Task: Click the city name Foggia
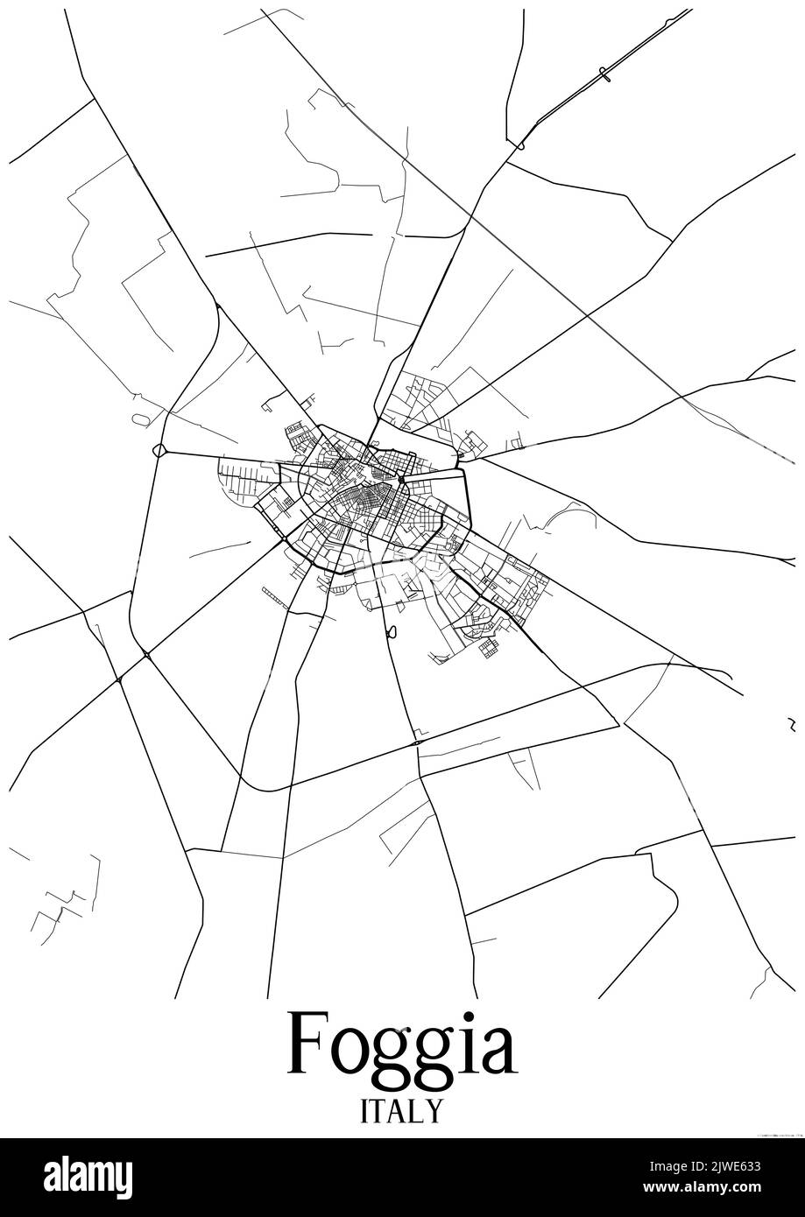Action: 402,1045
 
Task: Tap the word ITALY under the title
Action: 402,1110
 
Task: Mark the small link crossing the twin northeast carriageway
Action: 604,76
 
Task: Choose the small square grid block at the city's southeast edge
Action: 487,647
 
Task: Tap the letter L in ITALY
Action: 417,1110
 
